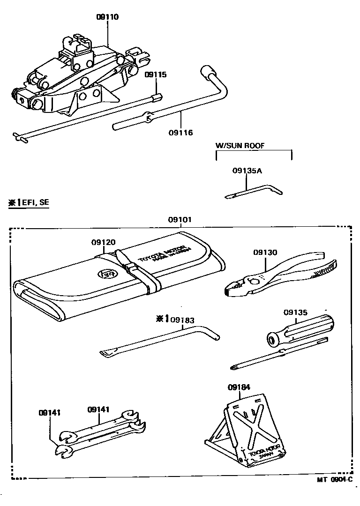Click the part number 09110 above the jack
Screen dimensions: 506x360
pos(107,17)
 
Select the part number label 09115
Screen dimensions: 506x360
pos(155,75)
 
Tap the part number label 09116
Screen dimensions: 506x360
pos(180,133)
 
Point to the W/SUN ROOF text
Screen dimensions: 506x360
pos(240,146)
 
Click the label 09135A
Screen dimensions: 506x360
pos(247,171)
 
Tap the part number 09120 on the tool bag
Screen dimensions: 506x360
pos(103,242)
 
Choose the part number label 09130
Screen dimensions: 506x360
pos(265,253)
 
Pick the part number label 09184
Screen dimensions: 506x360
pos(239,387)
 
